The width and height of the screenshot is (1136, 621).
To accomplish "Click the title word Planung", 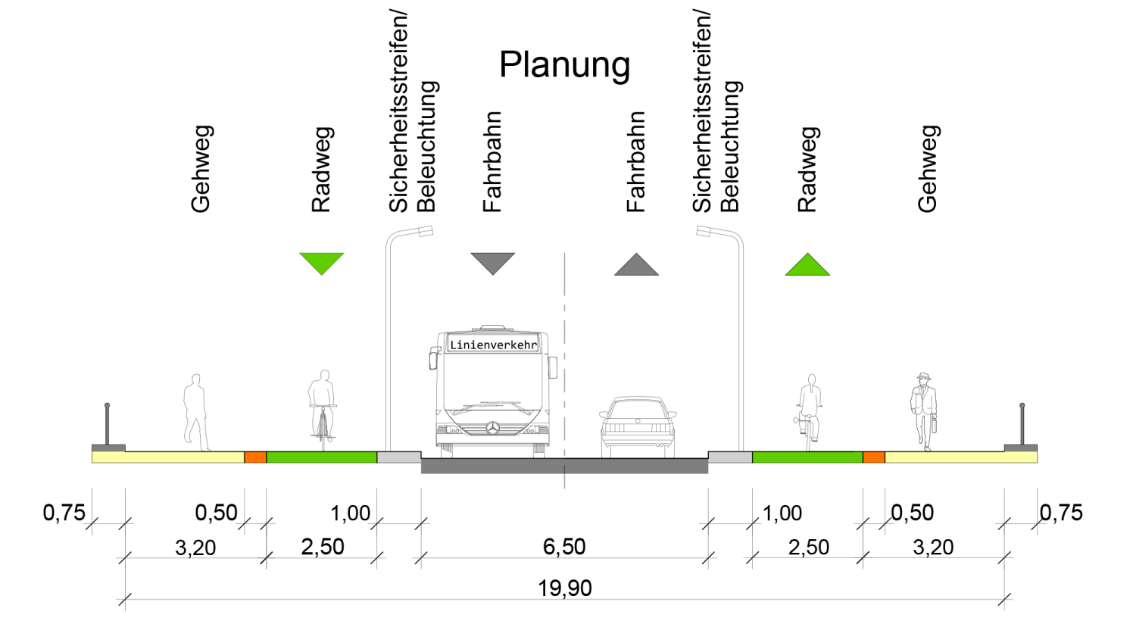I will point(564,65).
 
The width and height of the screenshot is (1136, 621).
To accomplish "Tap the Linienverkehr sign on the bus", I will point(493,345).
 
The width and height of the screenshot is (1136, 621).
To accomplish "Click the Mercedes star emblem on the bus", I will point(493,428).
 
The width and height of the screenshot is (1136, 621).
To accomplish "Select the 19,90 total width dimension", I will point(565,588).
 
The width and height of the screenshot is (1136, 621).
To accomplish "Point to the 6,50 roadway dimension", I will point(564,547).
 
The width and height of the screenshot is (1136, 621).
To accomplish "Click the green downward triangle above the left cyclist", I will point(322,262).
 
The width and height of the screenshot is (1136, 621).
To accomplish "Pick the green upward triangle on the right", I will point(807,265).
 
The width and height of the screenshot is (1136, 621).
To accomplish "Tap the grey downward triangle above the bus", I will point(492,262).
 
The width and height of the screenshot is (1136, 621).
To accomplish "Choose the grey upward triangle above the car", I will point(636,265).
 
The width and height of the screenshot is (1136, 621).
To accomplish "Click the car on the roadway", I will point(638,426).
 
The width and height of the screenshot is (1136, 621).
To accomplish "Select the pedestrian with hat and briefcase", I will point(924,411).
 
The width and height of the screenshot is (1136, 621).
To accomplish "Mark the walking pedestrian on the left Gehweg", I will point(195,412).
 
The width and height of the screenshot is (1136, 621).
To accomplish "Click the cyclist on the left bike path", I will point(323,409).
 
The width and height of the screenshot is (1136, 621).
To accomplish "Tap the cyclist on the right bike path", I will point(810,411).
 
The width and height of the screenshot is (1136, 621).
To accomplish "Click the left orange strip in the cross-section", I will point(255,457).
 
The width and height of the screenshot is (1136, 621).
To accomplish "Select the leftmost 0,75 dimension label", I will point(64,513).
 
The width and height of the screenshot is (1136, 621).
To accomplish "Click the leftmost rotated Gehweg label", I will point(201,169).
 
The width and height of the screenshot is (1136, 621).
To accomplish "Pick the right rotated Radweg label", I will point(807,169).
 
